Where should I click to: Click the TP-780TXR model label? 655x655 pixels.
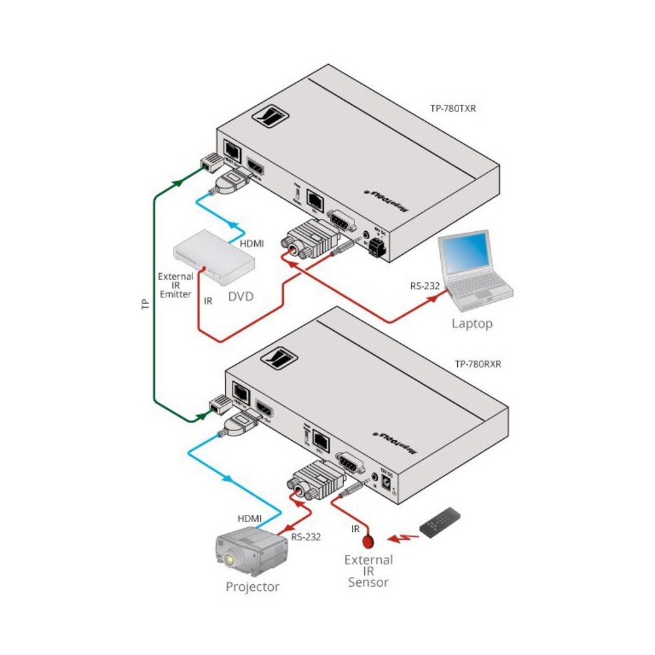pos(453,109)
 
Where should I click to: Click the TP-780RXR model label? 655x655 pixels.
pos(478,365)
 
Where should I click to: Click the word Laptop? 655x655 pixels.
pos(472,324)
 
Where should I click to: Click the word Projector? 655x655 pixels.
pos(252,587)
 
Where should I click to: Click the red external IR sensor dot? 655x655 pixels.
pos(368,541)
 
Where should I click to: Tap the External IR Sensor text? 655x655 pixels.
pos(369,571)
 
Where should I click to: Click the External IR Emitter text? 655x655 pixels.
pos(176,285)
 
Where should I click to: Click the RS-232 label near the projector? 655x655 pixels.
pos(306,537)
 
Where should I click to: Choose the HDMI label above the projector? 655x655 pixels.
pos(250,518)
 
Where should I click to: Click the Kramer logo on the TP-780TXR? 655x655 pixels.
pos(271,117)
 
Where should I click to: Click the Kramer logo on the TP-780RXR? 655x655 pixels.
pos(279,358)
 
